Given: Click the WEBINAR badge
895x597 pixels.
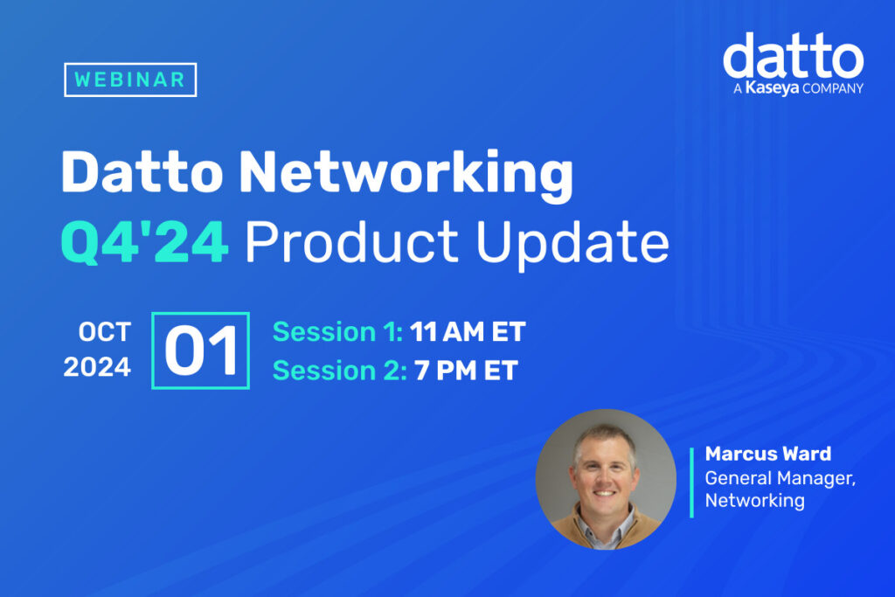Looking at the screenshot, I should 130,80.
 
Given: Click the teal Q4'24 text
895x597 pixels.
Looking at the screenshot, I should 144,245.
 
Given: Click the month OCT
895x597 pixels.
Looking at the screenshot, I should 104,332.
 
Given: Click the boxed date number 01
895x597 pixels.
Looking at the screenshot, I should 200,351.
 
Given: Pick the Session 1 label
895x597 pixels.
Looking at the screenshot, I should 337,332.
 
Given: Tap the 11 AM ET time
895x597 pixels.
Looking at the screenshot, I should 468,332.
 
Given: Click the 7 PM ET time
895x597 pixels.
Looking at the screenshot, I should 466,370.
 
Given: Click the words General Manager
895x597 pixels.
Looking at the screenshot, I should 760,478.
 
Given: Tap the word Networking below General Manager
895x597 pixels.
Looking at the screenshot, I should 754,501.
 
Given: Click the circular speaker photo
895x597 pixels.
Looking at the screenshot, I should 605,479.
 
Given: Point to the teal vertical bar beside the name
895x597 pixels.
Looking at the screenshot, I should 691,482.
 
